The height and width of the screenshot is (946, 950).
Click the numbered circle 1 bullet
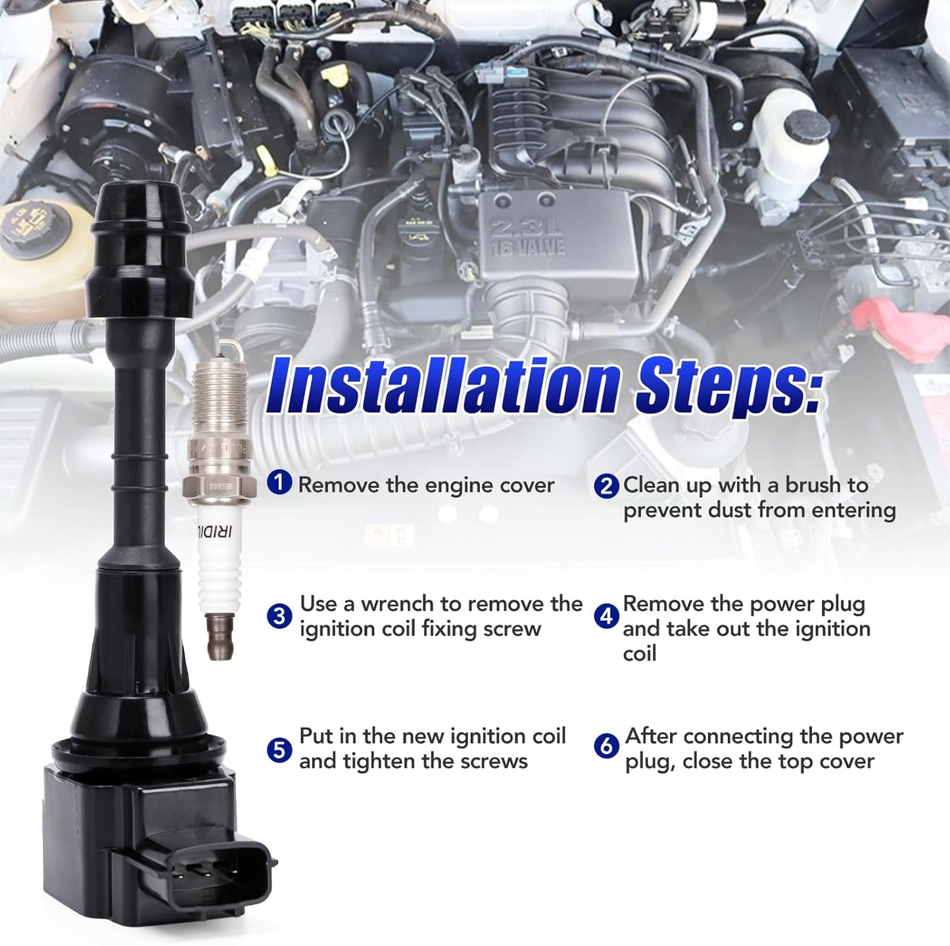tap(279, 483)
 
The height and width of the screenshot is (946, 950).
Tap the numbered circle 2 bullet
tap(606, 486)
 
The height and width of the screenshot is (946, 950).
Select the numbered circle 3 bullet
tap(279, 616)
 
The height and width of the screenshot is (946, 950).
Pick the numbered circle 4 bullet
tap(606, 616)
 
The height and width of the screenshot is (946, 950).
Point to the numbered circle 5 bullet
tap(279, 749)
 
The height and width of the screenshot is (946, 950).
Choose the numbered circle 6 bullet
tap(606, 746)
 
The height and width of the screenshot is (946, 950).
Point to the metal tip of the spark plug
tap(220, 638)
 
